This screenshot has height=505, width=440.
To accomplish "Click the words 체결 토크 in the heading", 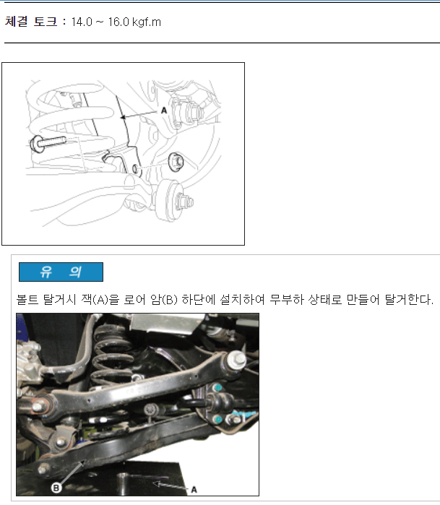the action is click(x=31, y=22).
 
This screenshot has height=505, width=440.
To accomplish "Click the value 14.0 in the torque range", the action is click(x=82, y=22).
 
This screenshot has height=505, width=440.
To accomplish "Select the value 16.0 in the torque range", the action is click(x=118, y=22).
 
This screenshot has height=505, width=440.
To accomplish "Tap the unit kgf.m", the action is click(x=147, y=22).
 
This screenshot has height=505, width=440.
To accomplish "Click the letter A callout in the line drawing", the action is click(x=164, y=111).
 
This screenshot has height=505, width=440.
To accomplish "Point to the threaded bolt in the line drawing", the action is click(x=48, y=142).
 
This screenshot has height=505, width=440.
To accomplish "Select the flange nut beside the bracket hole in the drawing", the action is click(x=176, y=162).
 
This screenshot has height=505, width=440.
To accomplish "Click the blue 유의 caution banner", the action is click(x=61, y=272).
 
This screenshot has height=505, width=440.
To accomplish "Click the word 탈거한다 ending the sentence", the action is click(x=409, y=300).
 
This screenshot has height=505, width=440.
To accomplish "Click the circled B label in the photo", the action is click(x=56, y=488).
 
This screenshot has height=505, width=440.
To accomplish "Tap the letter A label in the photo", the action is click(x=194, y=490).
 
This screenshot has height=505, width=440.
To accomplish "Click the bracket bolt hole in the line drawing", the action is click(x=135, y=169).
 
